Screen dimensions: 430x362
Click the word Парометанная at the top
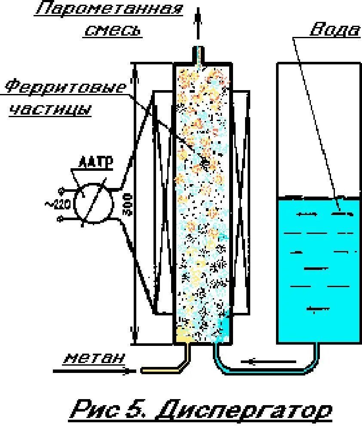109,9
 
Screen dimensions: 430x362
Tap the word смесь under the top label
112,30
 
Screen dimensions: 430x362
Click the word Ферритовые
67,88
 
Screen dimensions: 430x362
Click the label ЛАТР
95,163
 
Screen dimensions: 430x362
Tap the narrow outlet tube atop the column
199,55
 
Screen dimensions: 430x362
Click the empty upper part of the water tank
318,129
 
